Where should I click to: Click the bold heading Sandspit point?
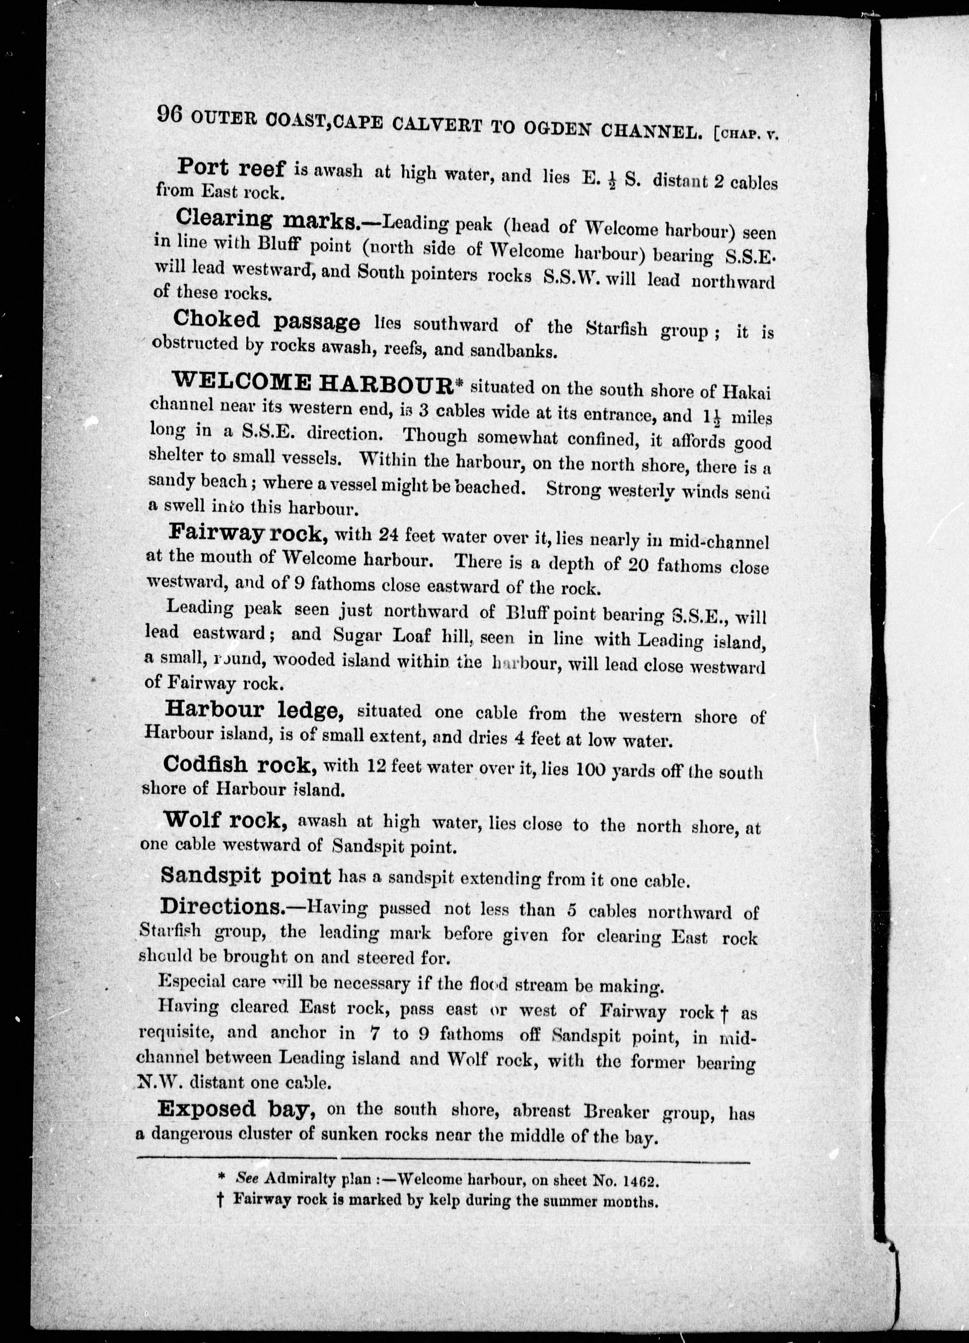coord(245,876)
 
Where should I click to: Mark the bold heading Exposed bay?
coord(235,1109)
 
